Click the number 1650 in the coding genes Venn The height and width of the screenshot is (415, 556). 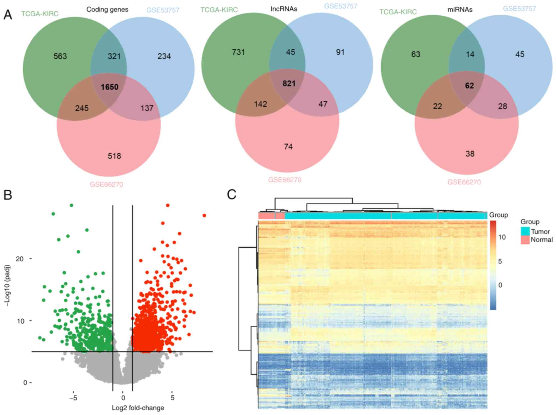click(109, 87)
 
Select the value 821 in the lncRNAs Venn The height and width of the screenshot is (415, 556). click(289, 84)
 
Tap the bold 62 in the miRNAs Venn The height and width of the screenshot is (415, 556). click(470, 86)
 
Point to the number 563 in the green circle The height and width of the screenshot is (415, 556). click(60, 56)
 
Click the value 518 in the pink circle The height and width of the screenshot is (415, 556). click(114, 156)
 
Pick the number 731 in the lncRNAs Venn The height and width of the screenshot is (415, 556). click(238, 52)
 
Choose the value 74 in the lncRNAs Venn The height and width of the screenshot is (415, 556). click(288, 147)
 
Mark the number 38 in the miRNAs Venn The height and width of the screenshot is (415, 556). click(470, 154)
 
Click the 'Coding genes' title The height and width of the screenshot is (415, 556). click(107, 10)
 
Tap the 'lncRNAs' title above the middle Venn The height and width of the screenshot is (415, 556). click(284, 9)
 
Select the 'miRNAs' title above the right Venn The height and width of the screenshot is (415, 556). click(460, 10)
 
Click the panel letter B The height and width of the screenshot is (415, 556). click(8, 195)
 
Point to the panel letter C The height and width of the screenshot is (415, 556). click(231, 195)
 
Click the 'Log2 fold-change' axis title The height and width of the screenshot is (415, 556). click(138, 408)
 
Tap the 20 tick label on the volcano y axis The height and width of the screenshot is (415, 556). click(20, 259)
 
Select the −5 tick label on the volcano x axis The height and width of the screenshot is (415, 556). click(73, 398)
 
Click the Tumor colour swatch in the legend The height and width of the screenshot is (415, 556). click(525, 232)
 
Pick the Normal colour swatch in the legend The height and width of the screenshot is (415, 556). click(525, 240)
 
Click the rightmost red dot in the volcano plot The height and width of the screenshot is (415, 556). click(204, 216)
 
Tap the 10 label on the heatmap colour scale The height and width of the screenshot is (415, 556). click(502, 237)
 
